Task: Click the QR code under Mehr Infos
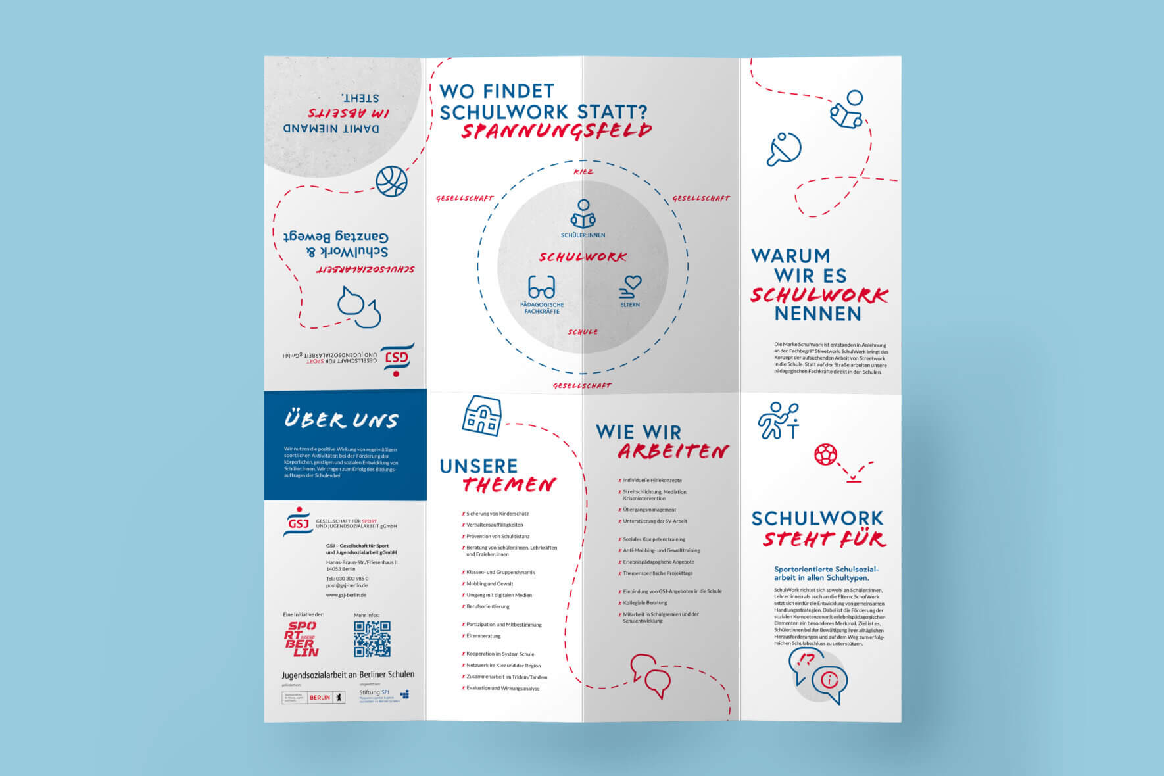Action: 372,639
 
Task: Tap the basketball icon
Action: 391,182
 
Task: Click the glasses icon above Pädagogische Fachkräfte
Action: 541,287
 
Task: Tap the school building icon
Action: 482,416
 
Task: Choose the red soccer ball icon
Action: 826,454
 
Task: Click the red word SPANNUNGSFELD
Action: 556,131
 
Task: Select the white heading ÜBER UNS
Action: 341,420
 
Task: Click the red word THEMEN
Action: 508,485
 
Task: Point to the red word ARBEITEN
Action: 673,451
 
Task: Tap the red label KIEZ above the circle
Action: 583,172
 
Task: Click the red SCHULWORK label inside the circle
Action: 583,257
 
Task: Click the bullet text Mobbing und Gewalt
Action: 489,583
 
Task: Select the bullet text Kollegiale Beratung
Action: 644,602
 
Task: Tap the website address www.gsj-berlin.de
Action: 346,595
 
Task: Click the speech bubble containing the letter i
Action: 829,681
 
